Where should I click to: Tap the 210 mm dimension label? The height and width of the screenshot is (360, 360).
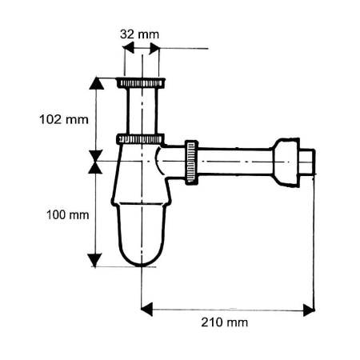coord(226,322)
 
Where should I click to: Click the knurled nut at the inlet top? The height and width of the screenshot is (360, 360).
coord(142,82)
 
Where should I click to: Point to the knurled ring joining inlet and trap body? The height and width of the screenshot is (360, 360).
coord(141,138)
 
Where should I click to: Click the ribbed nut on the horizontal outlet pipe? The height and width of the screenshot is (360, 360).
coord(191,162)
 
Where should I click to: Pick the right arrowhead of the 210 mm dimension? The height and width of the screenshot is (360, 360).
coord(308,310)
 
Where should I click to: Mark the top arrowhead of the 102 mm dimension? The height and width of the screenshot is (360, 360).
coord(96,83)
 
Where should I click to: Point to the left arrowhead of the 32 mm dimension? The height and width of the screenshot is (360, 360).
coord(128,49)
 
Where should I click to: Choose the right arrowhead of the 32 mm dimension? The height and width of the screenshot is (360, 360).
coord(154,49)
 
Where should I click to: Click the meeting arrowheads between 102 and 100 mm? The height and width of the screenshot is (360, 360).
coord(96,162)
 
